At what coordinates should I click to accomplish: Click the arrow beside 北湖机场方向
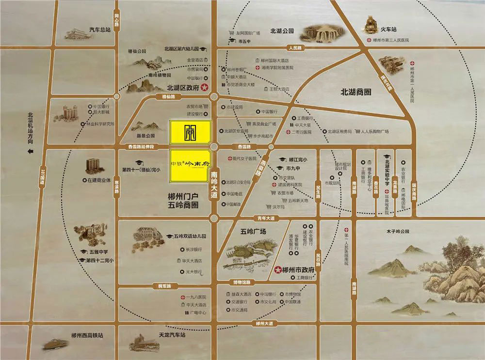tap(30, 152)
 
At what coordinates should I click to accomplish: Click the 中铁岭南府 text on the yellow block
tap(190, 163)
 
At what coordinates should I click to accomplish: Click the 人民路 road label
tap(294, 48)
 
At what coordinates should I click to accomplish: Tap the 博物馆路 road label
tap(242, 282)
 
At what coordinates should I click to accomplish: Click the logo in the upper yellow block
tap(190, 131)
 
